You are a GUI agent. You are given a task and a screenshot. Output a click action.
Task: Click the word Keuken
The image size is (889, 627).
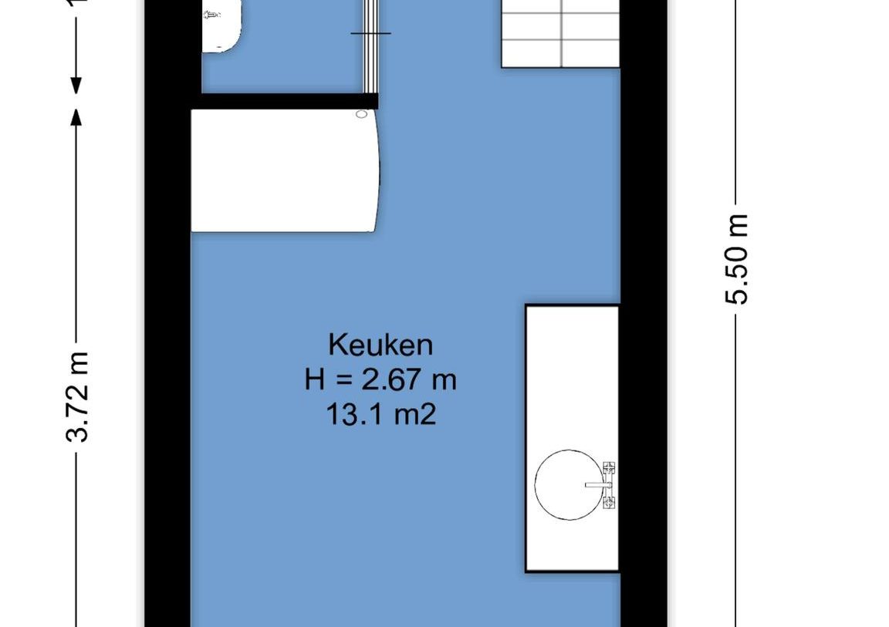[380, 344]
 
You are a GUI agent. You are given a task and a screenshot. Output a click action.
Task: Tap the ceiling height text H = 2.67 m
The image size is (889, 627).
[380, 379]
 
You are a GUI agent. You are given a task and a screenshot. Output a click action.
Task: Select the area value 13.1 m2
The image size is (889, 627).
[380, 415]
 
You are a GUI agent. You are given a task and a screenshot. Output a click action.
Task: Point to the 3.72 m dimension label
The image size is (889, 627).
[78, 396]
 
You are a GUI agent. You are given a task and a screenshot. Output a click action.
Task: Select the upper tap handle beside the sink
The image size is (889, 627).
[609, 468]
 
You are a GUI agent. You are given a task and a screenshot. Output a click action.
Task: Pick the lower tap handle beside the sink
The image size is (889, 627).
[609, 503]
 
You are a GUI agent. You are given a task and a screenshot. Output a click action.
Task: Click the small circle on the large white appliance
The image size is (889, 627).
[362, 115]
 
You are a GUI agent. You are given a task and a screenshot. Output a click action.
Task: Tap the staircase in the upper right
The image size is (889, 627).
[561, 33]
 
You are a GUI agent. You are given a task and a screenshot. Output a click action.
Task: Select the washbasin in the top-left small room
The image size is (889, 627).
[222, 25]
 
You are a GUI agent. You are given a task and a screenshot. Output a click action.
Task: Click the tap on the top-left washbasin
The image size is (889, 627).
[211, 15]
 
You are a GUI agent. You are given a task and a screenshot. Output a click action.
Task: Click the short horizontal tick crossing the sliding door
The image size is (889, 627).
[371, 33]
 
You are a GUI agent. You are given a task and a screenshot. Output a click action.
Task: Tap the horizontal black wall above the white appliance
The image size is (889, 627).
[286, 101]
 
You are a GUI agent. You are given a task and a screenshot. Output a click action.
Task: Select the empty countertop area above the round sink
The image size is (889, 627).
[572, 370]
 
